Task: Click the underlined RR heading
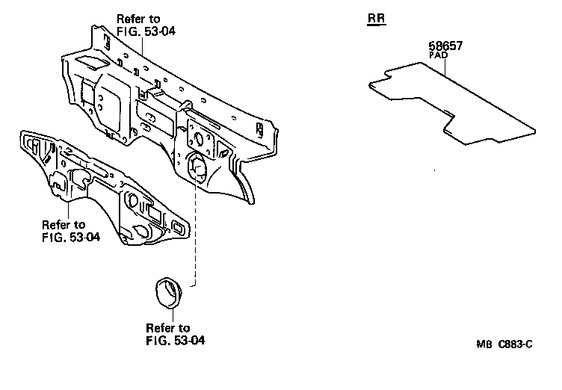click(377, 17)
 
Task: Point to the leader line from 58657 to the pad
click(446, 69)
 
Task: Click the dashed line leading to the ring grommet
click(196, 232)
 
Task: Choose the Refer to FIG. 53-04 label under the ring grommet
click(175, 334)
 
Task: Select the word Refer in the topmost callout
click(132, 17)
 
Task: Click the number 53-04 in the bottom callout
click(189, 340)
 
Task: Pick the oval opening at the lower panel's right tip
click(179, 226)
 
